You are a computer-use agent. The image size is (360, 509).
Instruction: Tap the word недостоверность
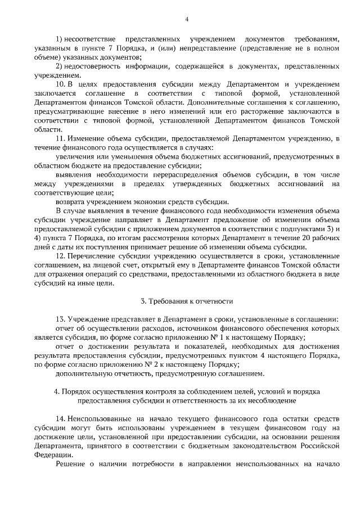tap(93, 67)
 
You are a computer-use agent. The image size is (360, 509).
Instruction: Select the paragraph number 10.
tap(61, 84)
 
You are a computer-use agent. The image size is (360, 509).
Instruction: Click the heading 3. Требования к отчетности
tap(186, 301)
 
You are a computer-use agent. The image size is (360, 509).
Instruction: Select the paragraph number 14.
tap(61, 419)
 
